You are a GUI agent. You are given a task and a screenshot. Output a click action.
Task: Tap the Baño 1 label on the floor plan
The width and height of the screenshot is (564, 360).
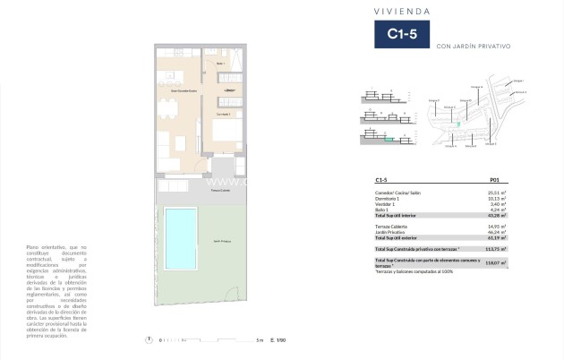click(221, 64)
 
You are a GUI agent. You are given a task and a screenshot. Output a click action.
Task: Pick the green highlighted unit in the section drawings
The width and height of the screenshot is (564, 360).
click(389, 139)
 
